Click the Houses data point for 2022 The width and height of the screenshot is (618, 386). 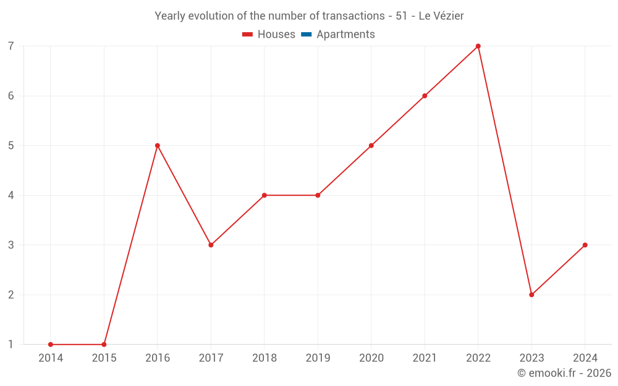coord(478,46)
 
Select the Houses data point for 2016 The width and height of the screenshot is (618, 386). coord(158,146)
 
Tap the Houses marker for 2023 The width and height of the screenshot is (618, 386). coord(531,295)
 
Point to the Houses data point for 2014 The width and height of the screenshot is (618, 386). coord(51,345)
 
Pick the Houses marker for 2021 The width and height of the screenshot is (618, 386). coord(425,96)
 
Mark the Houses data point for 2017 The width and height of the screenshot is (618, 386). coord(211,245)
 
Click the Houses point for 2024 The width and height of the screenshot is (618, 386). coord(585,245)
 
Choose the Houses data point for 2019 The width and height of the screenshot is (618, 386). coord(318,195)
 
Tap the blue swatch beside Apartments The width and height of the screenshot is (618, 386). coord(306,35)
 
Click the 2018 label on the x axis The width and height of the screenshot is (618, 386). coord(265,358)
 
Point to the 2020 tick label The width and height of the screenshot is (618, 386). coord(371,358)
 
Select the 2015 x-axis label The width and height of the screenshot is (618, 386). coord(104,358)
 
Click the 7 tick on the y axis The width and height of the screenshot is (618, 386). coord(11,46)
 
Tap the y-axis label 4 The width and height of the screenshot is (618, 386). coord(11,195)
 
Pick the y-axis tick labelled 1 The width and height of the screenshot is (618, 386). coord(11,345)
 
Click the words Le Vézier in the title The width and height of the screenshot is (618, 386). coord(441,16)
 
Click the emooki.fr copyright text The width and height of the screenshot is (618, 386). coord(564,373)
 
